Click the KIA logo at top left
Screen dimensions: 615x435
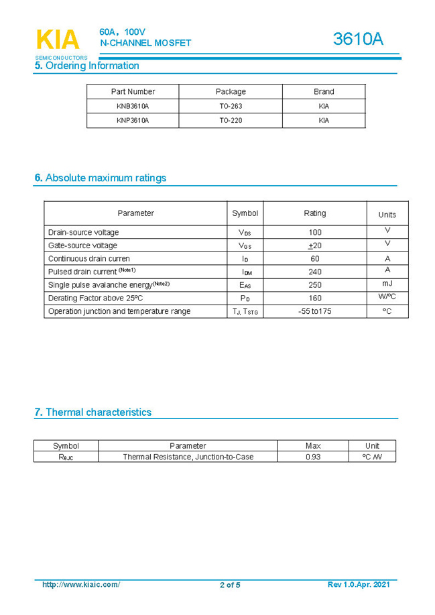[58, 40]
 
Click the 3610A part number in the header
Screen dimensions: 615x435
[358, 40]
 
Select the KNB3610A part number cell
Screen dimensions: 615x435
[132, 106]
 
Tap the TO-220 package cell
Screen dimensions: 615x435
[231, 121]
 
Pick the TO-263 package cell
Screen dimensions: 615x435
[231, 106]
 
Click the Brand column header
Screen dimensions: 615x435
[324, 92]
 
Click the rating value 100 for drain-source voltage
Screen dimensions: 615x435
[314, 232]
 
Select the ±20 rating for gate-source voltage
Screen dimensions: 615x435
[314, 245]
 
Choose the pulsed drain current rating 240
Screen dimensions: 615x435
[314, 272]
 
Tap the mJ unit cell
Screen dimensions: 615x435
[387, 284]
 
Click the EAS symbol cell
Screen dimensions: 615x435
[245, 285]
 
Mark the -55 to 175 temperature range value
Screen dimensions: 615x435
[314, 311]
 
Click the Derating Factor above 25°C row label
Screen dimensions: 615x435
[96, 298]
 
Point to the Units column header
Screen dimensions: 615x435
[387, 215]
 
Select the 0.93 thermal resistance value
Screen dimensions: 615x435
[312, 457]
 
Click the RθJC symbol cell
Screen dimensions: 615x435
[66, 457]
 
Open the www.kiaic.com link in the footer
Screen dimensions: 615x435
[81, 585]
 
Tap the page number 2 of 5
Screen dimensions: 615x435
[230, 585]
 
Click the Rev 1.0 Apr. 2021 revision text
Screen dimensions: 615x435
[358, 585]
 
